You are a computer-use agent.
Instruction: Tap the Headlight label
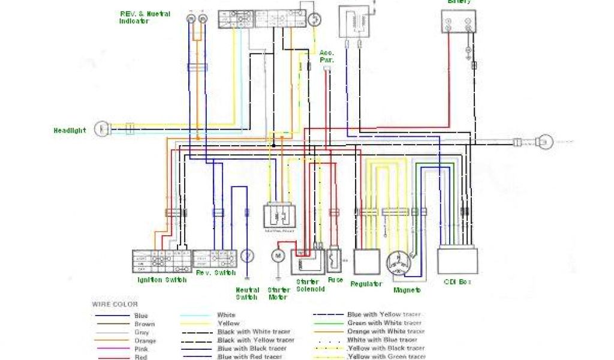[70, 130]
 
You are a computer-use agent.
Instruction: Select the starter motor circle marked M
[278, 256]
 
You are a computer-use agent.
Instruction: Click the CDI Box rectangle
[458, 261]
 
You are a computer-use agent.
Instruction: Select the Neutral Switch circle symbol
[246, 256]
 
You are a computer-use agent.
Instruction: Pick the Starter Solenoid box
[308, 262]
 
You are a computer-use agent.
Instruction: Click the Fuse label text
[336, 280]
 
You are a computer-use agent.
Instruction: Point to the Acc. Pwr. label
[327, 56]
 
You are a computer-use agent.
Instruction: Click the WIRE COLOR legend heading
[114, 304]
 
